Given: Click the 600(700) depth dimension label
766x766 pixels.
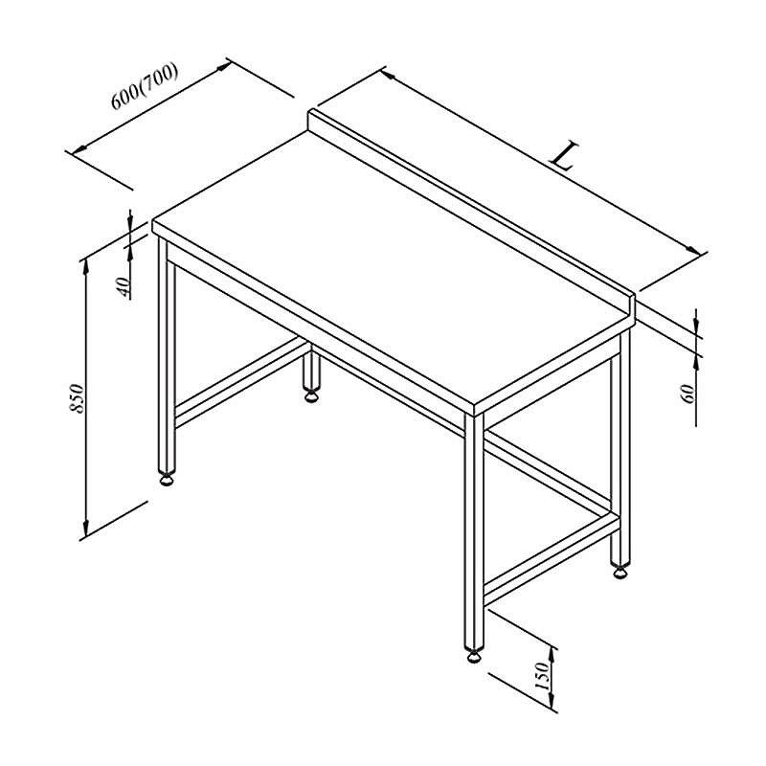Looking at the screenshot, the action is pos(145,86).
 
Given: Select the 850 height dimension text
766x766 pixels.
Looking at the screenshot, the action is pos(78,398).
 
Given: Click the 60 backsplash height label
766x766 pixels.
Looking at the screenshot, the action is pos(687,394).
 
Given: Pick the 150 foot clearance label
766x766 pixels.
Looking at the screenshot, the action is pos(542,676).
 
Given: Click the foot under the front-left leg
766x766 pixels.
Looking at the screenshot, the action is pos(167,480).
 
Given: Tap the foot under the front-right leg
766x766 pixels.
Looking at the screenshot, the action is pos(474,655).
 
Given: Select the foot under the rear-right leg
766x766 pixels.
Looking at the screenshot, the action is pos(620,571).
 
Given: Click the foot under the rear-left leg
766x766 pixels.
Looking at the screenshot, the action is pos(310,394).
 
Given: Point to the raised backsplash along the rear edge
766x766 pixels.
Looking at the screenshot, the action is pos(471,206).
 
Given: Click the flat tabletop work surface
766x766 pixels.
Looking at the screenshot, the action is pos(391,274).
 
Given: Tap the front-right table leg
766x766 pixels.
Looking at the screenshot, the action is pos(474,531).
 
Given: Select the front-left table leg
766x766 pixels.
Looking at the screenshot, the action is pos(167,354).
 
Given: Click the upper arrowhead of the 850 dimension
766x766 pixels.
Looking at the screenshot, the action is pos(86,266).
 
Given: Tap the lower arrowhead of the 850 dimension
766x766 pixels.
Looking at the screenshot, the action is pos(86,528).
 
